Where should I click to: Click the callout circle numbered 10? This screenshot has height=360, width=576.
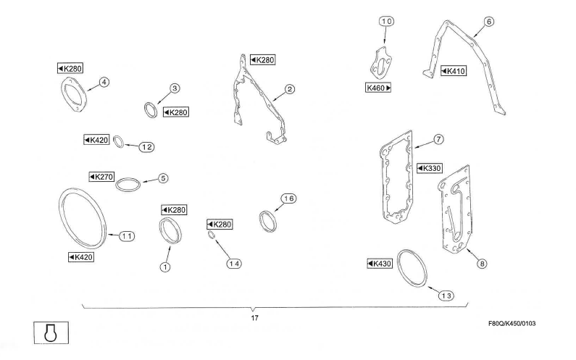[x=387, y=22]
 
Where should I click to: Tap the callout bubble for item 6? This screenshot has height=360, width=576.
[x=489, y=22]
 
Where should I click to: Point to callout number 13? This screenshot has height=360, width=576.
[x=446, y=294]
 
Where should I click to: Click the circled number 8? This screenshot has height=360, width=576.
[x=482, y=264]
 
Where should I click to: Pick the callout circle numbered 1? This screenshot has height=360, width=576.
[x=165, y=267]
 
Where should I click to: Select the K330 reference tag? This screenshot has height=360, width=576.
[x=429, y=168]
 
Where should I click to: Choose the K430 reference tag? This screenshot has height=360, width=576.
[x=380, y=264]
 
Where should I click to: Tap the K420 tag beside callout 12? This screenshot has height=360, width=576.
[x=96, y=140]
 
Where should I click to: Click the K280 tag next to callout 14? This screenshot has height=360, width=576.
[x=220, y=225]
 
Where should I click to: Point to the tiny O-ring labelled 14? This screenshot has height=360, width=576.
[x=212, y=235]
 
